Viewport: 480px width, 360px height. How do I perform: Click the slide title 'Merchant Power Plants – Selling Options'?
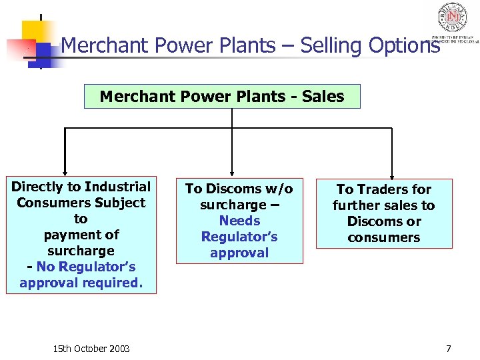[250, 46]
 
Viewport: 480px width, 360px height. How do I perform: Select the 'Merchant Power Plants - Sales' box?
[222, 97]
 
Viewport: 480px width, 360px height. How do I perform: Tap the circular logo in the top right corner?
[452, 18]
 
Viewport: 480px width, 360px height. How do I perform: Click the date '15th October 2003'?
[91, 349]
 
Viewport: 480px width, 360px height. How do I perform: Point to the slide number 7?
[449, 349]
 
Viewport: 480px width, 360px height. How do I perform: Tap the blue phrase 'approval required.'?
[81, 283]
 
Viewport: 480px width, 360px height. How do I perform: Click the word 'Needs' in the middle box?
[239, 221]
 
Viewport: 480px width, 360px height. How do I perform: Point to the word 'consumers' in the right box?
[384, 238]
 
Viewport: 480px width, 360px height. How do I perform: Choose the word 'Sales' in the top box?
[323, 97]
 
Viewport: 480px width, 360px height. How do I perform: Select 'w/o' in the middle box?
[279, 189]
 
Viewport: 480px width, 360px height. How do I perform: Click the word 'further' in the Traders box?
[355, 206]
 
